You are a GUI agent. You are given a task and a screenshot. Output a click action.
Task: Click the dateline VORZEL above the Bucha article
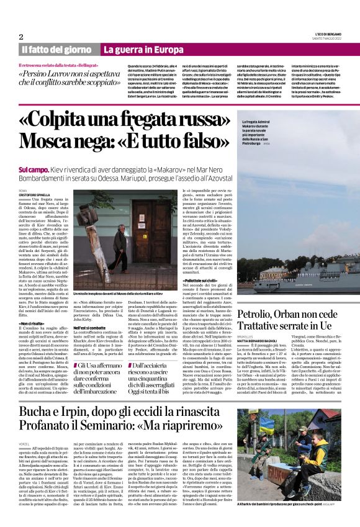[x=25, y=444]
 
